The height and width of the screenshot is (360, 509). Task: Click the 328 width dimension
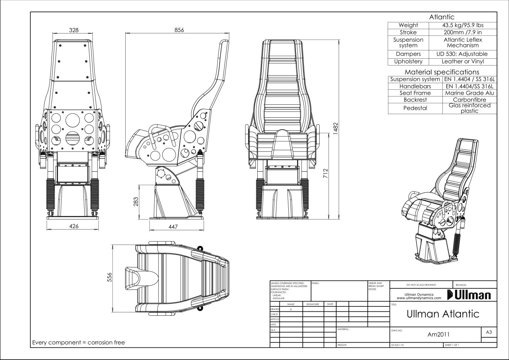coord(74,30)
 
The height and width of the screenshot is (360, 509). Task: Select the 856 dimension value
coord(179,30)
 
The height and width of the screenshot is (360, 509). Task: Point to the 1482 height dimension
coord(335,129)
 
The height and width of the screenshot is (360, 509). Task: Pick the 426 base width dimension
coord(74,226)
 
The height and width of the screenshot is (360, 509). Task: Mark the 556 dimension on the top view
coord(110,277)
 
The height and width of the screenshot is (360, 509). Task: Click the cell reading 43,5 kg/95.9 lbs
coord(463,25)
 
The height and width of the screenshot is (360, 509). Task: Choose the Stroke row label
coord(408,32)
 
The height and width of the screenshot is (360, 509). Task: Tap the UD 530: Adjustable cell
coord(463,54)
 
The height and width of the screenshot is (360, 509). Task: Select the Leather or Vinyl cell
coord(463,62)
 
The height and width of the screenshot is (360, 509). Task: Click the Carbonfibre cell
coord(469,100)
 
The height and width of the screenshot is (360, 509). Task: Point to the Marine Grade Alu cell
coord(469,93)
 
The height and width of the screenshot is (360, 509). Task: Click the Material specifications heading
coord(442,72)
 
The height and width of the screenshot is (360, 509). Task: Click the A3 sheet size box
coord(488,332)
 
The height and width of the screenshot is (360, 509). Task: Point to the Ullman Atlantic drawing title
coord(443,314)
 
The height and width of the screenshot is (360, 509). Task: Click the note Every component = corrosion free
coord(78,342)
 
